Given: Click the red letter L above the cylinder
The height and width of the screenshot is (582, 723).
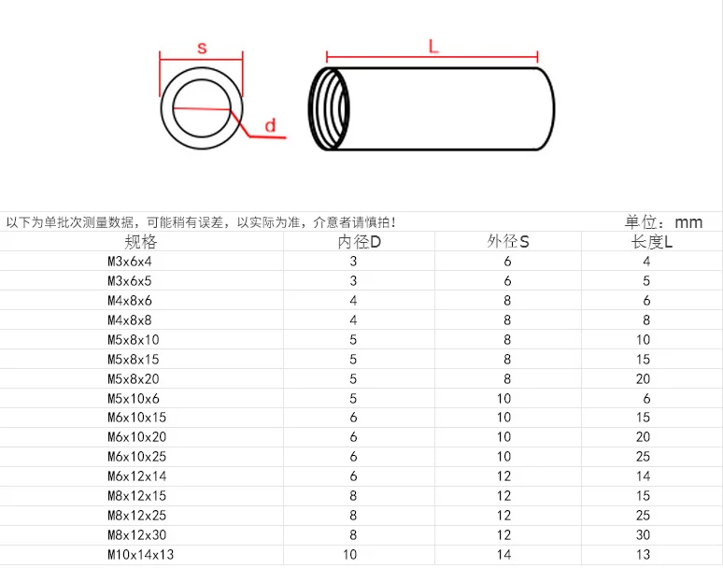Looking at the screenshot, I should tap(433, 46).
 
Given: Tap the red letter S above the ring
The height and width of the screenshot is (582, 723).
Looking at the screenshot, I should tap(201, 49).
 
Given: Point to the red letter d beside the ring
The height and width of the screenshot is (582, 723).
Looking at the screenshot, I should tap(269, 125).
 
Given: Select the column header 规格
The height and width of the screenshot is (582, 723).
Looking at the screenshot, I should tap(142, 242).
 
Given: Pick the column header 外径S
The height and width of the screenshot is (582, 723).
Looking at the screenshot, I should tap(507, 242).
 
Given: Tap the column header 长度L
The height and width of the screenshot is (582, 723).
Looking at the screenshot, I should tap(652, 242).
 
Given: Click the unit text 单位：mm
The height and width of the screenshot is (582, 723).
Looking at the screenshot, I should tap(663, 222).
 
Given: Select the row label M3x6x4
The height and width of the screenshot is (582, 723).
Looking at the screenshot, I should tap(130, 262).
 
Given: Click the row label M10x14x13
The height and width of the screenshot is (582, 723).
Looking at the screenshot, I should tap(141, 555).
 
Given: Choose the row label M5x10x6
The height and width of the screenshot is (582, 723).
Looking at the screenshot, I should tap(134, 398).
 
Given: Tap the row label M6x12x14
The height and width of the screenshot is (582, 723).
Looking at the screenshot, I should tap(137, 476).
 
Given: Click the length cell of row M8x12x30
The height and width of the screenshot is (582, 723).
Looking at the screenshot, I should tap(644, 535).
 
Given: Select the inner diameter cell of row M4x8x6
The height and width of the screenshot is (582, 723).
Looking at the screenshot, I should tap(353, 301).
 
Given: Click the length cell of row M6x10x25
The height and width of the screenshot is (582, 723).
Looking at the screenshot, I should tap(644, 457).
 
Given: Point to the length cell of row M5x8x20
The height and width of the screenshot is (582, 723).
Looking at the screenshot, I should tap(644, 378).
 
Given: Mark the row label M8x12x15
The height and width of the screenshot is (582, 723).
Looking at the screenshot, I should tap(137, 496).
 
